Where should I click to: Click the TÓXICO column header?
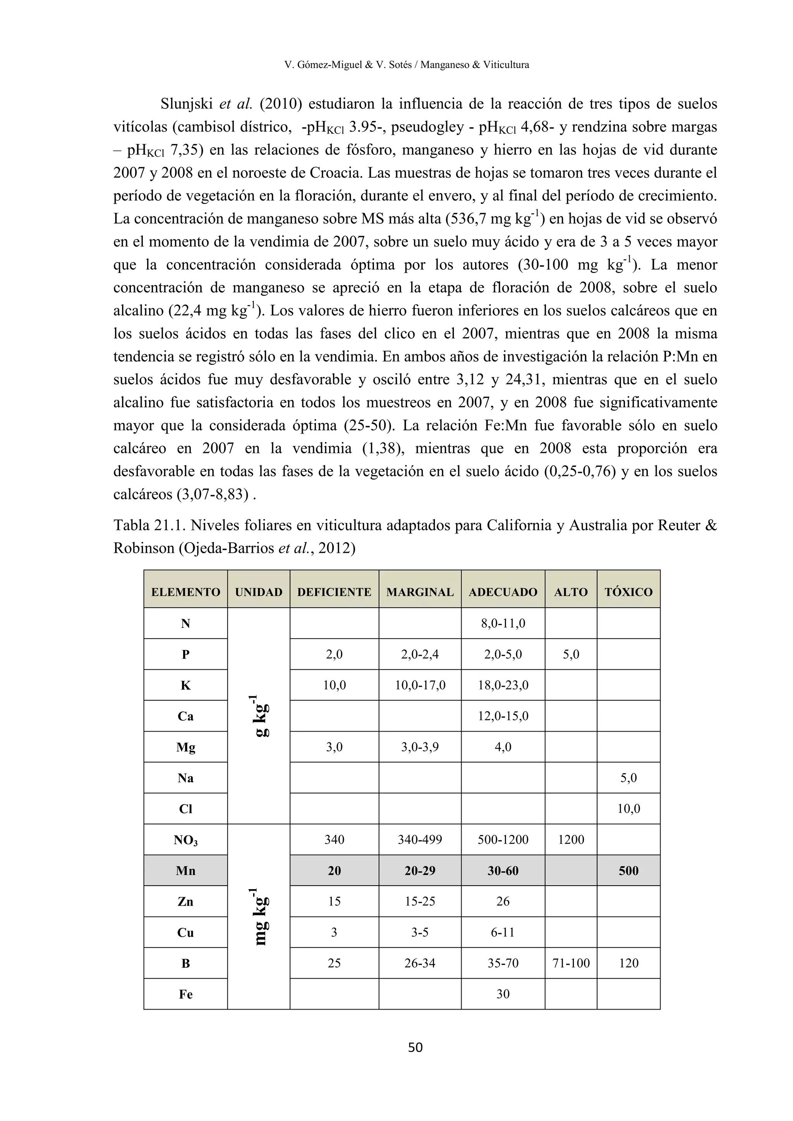628,592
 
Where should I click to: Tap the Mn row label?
185,870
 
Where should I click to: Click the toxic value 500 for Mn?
628,870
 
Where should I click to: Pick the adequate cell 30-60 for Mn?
503,870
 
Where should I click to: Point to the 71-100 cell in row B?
570,963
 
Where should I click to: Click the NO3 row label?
185,840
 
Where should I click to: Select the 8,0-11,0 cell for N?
503,623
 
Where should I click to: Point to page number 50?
415,1047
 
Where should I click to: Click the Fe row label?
185,994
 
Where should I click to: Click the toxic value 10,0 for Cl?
628,809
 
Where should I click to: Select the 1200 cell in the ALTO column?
570,839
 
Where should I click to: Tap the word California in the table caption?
520,525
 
